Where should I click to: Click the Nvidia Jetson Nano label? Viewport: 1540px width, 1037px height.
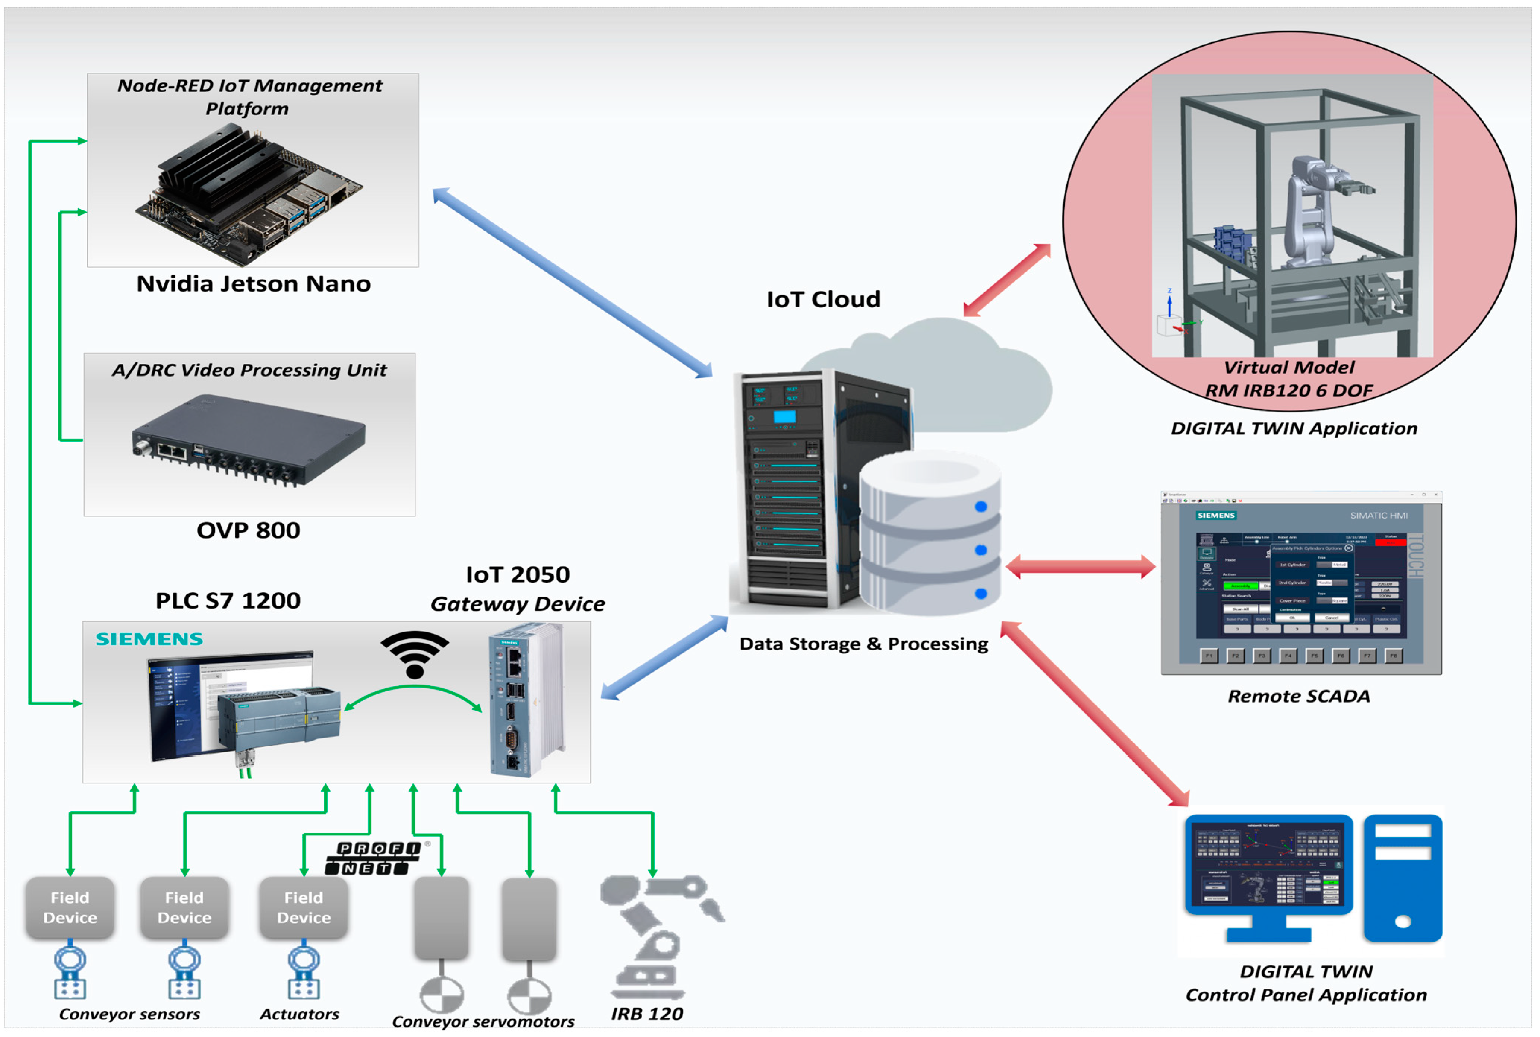tap(253, 284)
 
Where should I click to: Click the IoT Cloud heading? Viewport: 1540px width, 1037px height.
tap(823, 299)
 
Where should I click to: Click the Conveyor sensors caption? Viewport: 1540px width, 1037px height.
tap(130, 1014)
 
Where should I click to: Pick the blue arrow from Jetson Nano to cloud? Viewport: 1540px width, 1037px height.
tap(572, 283)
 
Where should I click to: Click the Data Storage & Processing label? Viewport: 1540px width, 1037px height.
tap(863, 644)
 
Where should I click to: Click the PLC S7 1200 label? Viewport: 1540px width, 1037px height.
tap(228, 600)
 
